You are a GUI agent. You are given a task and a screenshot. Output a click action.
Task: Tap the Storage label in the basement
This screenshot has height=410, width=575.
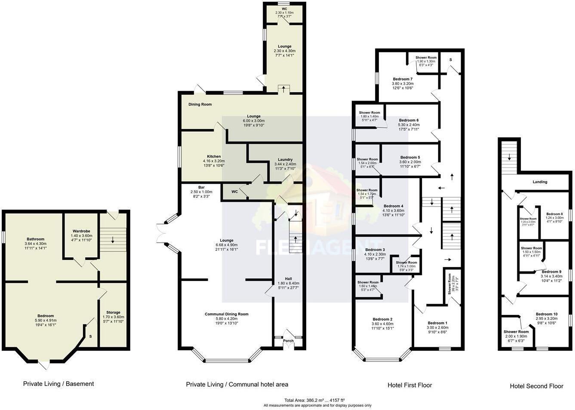point(113,312)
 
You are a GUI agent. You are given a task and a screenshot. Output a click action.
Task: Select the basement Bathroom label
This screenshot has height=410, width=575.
point(35,239)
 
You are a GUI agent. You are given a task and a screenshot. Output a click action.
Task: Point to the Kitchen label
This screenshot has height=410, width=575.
point(214,157)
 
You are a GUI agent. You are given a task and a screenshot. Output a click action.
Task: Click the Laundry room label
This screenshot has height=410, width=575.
point(285,159)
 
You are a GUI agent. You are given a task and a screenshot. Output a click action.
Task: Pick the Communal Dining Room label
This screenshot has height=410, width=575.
point(226,314)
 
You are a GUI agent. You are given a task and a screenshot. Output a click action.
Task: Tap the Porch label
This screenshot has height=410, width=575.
point(288,341)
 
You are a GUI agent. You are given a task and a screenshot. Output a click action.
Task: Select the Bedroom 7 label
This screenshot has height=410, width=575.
point(403,79)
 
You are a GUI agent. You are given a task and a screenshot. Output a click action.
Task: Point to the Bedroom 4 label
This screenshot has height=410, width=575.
point(393,206)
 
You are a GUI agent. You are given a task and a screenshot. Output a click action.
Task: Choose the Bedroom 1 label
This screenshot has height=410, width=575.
point(437,323)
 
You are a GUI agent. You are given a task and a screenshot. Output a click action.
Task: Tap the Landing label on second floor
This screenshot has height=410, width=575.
point(540,182)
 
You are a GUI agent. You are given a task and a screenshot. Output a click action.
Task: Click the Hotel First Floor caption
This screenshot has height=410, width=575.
point(409,385)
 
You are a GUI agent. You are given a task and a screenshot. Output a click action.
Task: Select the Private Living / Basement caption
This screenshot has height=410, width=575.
point(58,384)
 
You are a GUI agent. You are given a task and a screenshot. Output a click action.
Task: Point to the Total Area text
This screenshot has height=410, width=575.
point(317,400)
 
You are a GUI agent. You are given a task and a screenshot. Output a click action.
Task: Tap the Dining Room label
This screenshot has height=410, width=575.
point(200,105)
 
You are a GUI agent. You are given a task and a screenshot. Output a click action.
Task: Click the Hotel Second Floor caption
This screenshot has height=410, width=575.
point(536,386)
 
